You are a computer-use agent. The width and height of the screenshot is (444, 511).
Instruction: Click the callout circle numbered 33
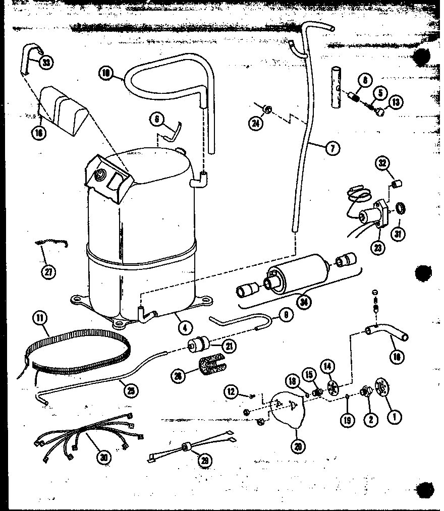point(46,63)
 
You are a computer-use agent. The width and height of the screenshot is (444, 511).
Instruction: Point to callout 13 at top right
point(395,102)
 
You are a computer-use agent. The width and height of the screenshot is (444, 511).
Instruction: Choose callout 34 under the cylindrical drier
point(304,302)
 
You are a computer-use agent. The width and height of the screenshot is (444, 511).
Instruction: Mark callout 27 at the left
point(48,271)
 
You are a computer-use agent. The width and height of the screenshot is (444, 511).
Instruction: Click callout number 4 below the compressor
point(185,326)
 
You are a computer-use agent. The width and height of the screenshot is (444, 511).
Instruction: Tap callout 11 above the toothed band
point(40,319)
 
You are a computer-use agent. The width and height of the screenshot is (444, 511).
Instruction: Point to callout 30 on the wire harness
point(103,457)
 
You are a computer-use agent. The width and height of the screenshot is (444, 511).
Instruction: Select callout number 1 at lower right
point(394,416)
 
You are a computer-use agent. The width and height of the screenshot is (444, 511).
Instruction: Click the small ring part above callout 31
point(400,207)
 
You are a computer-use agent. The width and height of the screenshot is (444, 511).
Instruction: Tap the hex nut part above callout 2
point(365,392)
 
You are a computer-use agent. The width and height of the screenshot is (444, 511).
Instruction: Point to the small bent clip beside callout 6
point(174,132)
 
